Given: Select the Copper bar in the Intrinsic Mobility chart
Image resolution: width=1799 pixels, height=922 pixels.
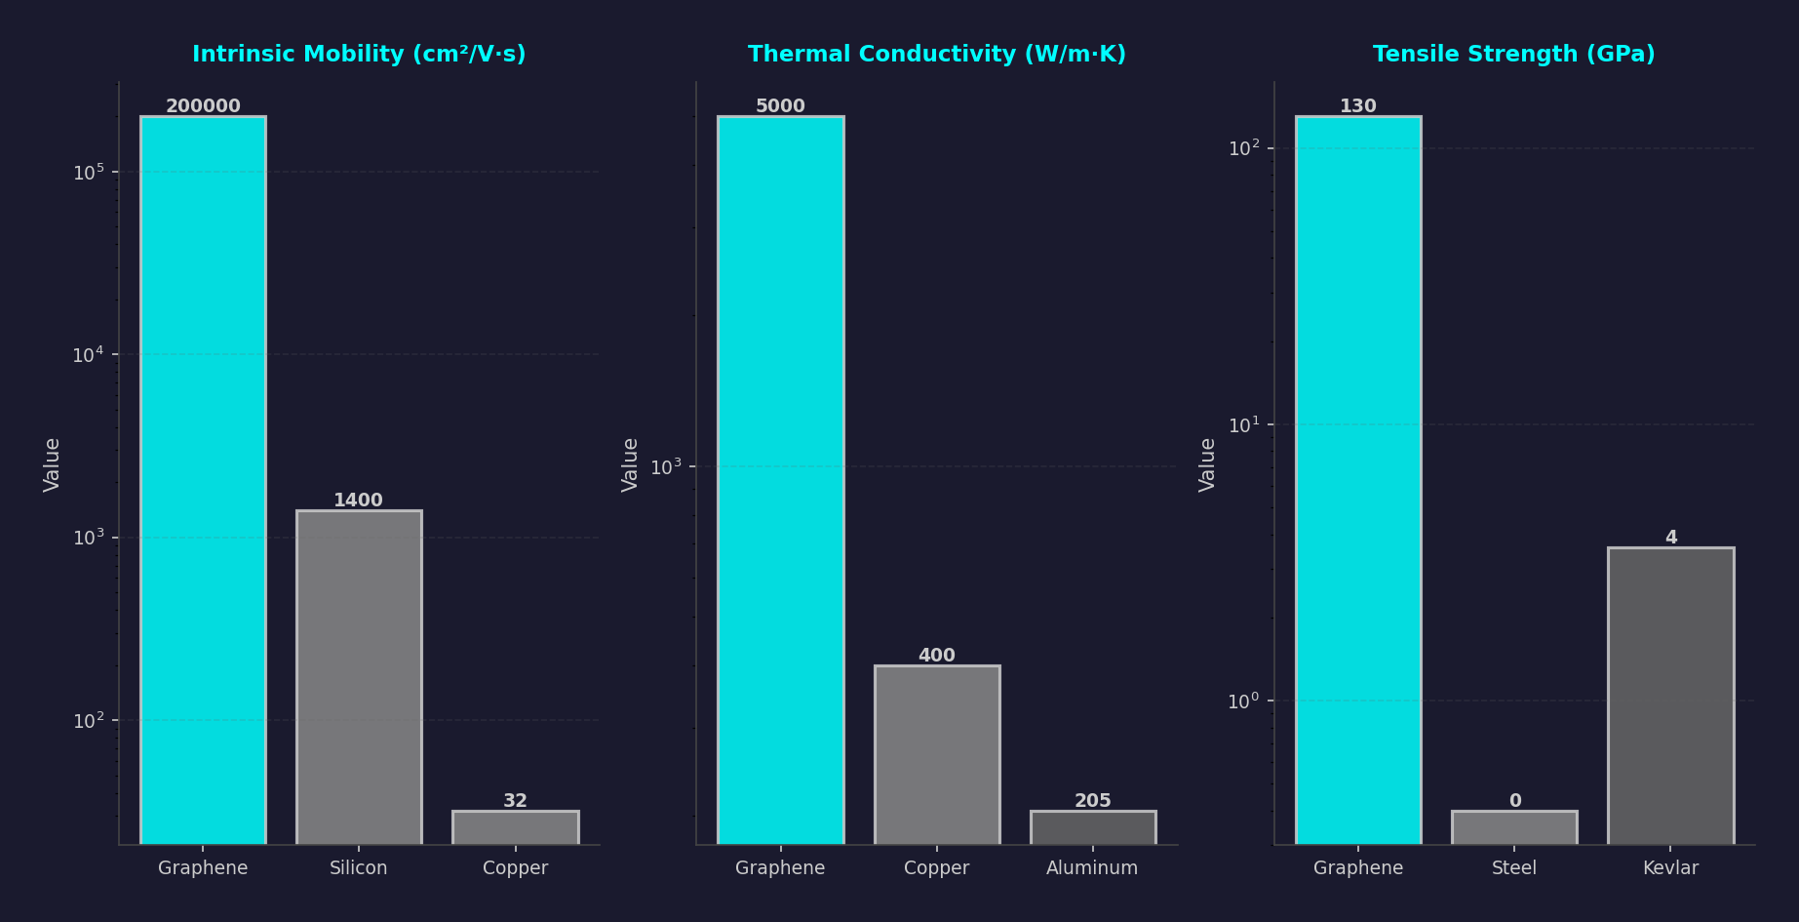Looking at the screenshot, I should (515, 827).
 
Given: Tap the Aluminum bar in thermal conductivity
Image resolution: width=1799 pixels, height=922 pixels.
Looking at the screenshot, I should (1092, 827).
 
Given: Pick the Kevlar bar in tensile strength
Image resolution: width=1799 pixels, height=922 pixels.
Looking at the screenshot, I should (1670, 695).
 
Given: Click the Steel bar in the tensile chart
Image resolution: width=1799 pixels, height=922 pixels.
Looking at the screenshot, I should (1513, 827).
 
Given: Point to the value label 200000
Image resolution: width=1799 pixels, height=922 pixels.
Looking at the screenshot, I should (203, 106).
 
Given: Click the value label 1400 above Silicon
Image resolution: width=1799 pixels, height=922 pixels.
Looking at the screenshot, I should (358, 501).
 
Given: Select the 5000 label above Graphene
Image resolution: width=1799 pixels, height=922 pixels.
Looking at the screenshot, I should (780, 106).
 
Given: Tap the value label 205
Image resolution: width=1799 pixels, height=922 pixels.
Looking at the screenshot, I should (1092, 801).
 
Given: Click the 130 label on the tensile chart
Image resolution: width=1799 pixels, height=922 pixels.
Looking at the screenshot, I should (1357, 106).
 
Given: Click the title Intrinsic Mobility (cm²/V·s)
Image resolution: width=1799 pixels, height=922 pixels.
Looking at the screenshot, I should (359, 55).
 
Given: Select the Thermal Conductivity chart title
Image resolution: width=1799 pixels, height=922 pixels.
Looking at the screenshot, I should (936, 55).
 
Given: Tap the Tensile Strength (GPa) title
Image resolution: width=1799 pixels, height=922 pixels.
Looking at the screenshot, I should (1513, 55).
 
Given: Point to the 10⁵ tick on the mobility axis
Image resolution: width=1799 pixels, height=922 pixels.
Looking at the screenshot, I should (88, 173).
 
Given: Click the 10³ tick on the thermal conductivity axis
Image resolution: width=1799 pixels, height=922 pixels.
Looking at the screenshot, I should (666, 466).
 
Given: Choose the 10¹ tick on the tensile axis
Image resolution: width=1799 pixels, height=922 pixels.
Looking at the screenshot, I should (1243, 425).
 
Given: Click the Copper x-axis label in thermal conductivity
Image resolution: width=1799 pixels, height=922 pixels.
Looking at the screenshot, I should (936, 867).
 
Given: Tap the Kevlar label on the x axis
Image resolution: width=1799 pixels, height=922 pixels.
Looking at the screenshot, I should (1670, 867).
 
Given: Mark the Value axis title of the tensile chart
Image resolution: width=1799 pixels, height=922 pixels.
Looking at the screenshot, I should (1207, 463).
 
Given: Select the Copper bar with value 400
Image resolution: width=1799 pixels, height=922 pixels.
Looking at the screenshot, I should (936, 754).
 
